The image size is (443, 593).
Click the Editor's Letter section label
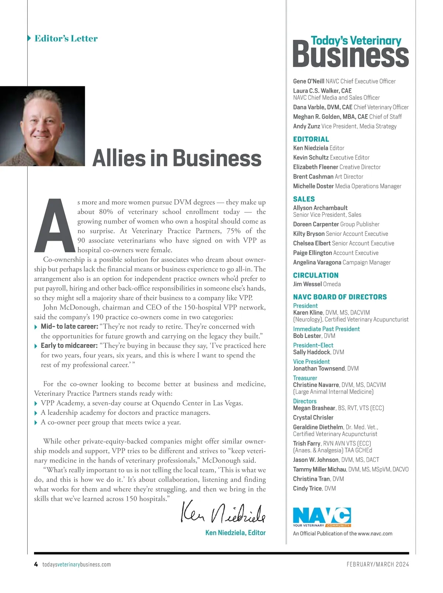pyautogui.click(x=66, y=38)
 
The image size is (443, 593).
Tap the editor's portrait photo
pyautogui.click(x=42, y=126)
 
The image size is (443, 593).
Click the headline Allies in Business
pyautogui.click(x=177, y=158)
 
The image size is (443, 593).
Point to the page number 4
pyautogui.click(x=36, y=564)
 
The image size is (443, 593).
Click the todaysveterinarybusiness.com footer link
pyautogui.click(x=76, y=564)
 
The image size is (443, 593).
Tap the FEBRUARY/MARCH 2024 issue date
pyautogui.click(x=378, y=564)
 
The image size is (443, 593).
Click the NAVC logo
pyautogui.click(x=322, y=517)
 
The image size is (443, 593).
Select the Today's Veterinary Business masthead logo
pyautogui.click(x=350, y=52)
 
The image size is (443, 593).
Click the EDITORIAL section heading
pyautogui.click(x=311, y=139)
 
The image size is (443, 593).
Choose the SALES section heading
pyautogui.click(x=304, y=199)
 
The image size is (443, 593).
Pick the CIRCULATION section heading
pyautogui.click(x=316, y=275)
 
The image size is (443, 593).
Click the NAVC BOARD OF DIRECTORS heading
pyautogui.click(x=340, y=297)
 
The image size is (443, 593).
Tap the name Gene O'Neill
pyautogui.click(x=309, y=81)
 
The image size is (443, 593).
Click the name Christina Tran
pyautogui.click(x=311, y=479)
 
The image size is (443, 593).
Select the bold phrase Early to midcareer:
pyautogui.click(x=69, y=346)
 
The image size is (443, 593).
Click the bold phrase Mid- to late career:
pyautogui.click(x=69, y=326)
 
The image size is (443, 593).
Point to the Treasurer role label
pyautogui.click(x=305, y=378)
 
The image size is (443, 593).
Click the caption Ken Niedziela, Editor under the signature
pyautogui.click(x=236, y=532)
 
